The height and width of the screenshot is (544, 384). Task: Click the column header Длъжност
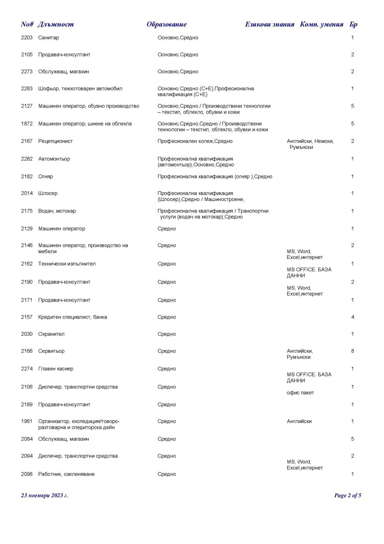point(56,24)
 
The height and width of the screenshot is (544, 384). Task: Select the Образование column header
point(166,24)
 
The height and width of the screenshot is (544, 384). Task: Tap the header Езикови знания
point(269,24)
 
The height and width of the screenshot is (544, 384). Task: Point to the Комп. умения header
point(321,24)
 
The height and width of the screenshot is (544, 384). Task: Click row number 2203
point(26,38)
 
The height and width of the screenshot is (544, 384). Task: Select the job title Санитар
point(49,38)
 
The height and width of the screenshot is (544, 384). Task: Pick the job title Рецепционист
point(56,141)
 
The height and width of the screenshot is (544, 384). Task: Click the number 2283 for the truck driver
point(26,89)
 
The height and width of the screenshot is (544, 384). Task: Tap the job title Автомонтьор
point(54,159)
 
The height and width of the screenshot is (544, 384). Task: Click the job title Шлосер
point(48,194)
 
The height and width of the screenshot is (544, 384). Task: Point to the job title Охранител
point(52,334)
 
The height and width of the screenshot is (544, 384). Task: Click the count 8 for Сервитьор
point(352,351)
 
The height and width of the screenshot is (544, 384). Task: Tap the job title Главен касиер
point(56,369)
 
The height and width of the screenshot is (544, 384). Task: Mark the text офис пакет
point(300,393)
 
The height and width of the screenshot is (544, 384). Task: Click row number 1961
point(26,422)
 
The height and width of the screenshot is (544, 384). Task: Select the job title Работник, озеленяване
point(67,474)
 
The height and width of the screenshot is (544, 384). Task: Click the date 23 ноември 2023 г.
point(44,495)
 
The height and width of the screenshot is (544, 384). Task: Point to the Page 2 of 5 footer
point(348,495)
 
